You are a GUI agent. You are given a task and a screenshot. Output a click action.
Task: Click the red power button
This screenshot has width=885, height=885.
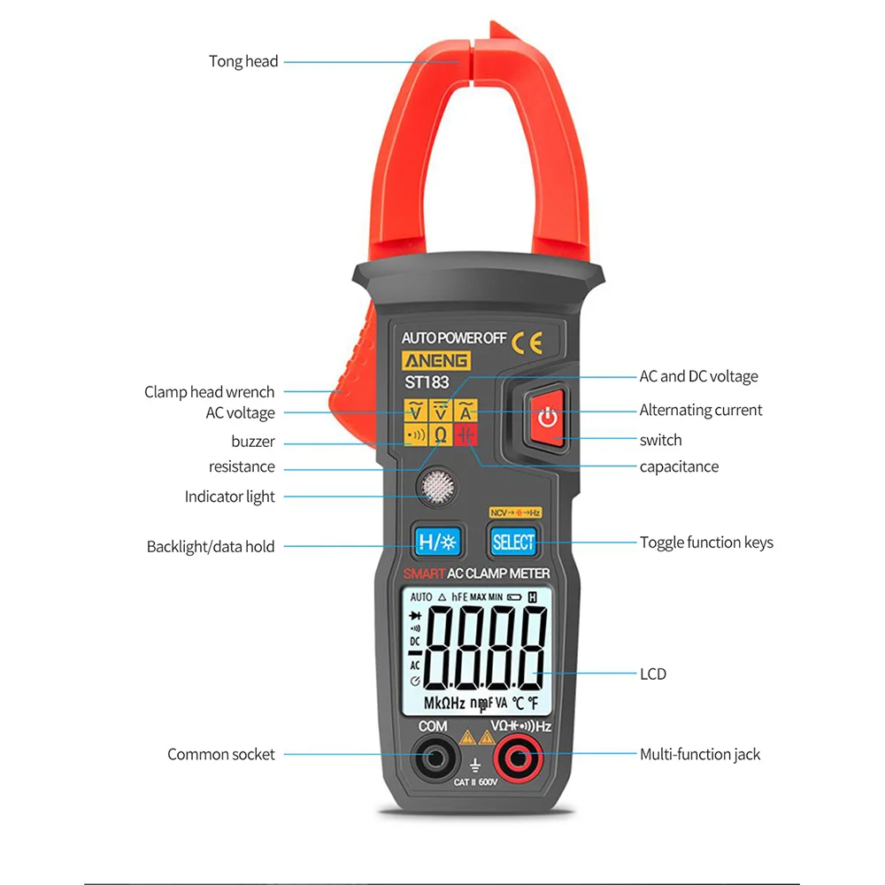(548, 417)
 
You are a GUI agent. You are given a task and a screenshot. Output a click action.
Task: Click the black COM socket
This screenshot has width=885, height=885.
(433, 758)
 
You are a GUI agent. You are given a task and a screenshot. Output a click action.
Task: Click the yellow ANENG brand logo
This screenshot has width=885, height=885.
(437, 361)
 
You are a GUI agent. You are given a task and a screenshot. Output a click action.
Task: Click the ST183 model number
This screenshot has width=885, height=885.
(427, 382)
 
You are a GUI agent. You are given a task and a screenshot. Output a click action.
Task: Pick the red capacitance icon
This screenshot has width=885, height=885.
(466, 434)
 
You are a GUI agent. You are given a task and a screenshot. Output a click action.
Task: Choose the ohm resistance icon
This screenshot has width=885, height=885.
(440, 434)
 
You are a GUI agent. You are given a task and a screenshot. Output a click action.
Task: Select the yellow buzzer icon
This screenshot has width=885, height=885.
(415, 434)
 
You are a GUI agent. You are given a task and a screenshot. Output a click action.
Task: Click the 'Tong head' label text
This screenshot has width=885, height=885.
(243, 61)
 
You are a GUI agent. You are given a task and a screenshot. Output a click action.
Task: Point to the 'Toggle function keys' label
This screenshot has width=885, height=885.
(706, 542)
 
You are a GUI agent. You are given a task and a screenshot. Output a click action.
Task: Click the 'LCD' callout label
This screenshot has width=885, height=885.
(653, 673)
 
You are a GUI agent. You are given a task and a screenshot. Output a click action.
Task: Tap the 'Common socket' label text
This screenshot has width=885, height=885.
(221, 754)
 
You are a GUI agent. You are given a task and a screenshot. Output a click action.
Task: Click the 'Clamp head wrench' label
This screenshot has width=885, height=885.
(210, 391)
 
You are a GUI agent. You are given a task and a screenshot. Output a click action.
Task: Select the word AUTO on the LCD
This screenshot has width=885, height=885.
(421, 597)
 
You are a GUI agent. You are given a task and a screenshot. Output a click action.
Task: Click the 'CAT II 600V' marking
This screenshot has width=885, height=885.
(476, 781)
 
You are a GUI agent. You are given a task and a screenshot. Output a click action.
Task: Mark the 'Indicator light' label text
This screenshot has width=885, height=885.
(230, 496)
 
